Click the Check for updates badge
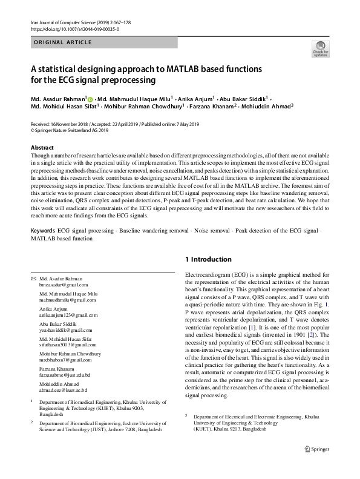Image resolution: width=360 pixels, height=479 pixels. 320,49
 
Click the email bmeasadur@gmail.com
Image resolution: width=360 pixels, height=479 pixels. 64,284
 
